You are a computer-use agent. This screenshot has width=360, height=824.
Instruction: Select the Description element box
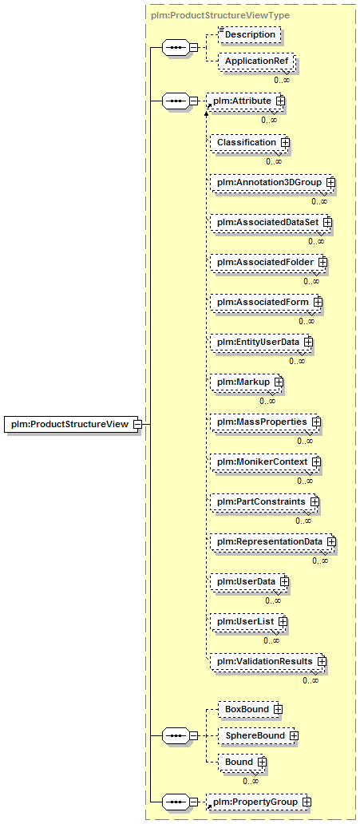coord(250,34)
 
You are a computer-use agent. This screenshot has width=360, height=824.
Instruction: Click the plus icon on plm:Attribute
coord(281,100)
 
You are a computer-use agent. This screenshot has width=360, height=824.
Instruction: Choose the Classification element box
coord(250,142)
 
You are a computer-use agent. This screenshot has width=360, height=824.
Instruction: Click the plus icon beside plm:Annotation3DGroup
coord(331,182)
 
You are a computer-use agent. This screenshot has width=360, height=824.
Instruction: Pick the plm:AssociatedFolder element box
coord(269,262)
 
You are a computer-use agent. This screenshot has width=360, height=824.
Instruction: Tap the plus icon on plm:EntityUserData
coord(308,342)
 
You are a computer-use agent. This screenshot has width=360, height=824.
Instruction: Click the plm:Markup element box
coord(247,382)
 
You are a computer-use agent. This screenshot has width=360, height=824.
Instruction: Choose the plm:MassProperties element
coord(266,422)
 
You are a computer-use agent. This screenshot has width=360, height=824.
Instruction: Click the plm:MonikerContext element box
coord(266,462)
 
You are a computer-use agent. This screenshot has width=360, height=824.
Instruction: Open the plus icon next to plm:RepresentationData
coord(331,541)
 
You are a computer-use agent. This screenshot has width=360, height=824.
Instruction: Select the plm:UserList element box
coord(249,621)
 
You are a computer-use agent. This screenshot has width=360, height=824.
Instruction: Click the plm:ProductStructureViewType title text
coord(220,15)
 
